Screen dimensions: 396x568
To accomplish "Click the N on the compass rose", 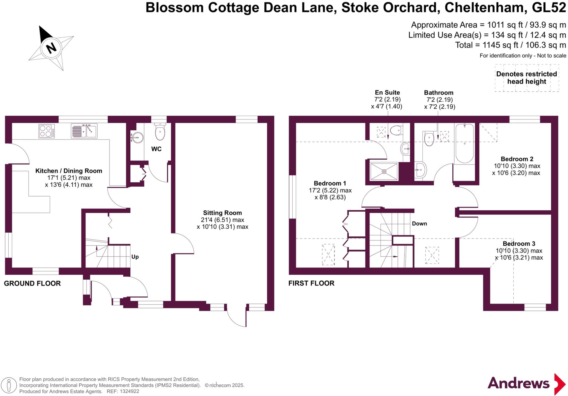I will pyautogui.click(x=51, y=48).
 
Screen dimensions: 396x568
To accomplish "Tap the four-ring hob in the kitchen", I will pyautogui.click(x=46, y=131).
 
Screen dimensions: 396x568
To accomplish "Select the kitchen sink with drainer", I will pyautogui.click(x=84, y=131).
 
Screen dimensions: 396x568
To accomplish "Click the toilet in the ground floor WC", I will pyautogui.click(x=160, y=132).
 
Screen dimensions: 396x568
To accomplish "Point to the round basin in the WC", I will pyautogui.click(x=137, y=137).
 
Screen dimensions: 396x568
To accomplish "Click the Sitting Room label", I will pyautogui.click(x=222, y=213).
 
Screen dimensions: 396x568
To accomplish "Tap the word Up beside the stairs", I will pyautogui.click(x=135, y=257).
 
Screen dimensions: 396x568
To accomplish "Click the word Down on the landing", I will pyautogui.click(x=419, y=224).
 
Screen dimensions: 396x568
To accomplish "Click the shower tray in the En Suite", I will pyautogui.click(x=384, y=171).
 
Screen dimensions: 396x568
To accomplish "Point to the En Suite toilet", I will pyautogui.click(x=396, y=130).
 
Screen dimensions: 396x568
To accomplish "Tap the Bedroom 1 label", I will pyautogui.click(x=330, y=183).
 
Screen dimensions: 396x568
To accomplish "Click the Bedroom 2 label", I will pyautogui.click(x=517, y=159).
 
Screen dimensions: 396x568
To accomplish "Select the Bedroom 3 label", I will pyautogui.click(x=519, y=244).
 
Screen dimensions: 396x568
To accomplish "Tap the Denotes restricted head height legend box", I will pyautogui.click(x=526, y=78).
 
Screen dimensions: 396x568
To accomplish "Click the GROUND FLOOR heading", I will pyautogui.click(x=32, y=284).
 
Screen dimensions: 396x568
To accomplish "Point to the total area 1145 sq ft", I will pyautogui.click(x=510, y=45).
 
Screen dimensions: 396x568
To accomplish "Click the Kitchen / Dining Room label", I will pyautogui.click(x=69, y=171).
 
